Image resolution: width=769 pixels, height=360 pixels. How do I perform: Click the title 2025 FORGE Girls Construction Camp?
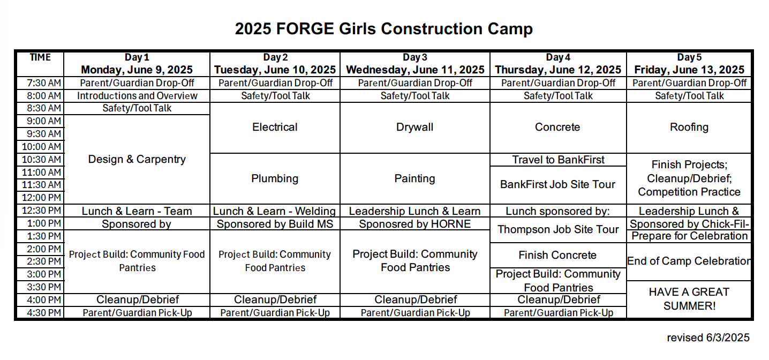(x=384, y=28)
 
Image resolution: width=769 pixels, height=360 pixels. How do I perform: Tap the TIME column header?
(x=40, y=57)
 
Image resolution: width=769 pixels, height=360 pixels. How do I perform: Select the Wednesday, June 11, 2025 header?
(x=415, y=70)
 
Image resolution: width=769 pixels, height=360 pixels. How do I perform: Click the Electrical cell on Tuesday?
(x=275, y=127)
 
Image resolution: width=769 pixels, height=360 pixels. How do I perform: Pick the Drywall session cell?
(x=415, y=127)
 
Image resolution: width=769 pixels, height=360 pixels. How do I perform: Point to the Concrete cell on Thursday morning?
(x=557, y=127)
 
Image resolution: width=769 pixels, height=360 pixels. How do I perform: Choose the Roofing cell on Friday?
(x=689, y=127)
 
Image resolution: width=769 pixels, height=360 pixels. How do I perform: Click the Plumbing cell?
(x=275, y=178)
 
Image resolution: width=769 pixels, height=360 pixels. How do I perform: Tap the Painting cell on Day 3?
(x=415, y=178)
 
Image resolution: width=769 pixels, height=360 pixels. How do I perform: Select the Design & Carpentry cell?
(x=137, y=159)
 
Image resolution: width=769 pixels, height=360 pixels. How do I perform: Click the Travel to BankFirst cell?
(x=558, y=160)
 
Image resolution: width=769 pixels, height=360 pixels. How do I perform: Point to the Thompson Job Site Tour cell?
(x=558, y=229)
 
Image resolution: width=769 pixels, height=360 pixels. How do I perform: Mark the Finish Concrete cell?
(x=557, y=255)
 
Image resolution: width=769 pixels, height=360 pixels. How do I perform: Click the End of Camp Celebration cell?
(x=689, y=261)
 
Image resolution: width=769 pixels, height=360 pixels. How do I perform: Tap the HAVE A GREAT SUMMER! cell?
(x=689, y=299)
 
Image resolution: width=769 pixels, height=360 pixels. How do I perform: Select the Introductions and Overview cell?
(x=137, y=96)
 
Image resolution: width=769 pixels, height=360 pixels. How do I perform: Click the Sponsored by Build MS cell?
(x=275, y=224)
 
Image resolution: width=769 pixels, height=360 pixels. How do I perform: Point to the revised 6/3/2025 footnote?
(x=708, y=337)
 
